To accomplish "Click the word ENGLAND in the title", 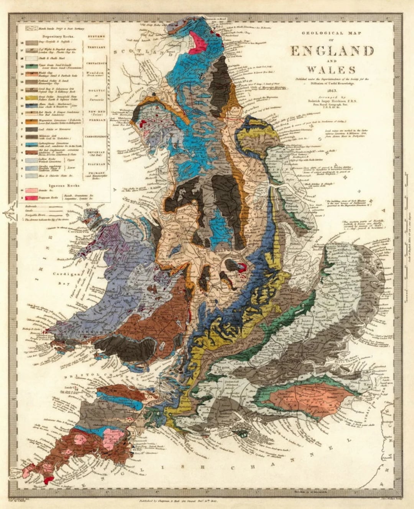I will pyautogui.click(x=332, y=51).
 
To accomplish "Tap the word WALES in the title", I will pyautogui.click(x=330, y=70).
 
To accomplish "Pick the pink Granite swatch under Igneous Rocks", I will pyautogui.click(x=31, y=190).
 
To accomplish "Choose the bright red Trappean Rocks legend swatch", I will pyautogui.click(x=31, y=197).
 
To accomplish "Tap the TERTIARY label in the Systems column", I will pyautogui.click(x=97, y=47).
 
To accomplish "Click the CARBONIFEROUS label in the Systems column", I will pyautogui.click(x=96, y=135).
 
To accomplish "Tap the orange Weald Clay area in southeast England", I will pyautogui.click(x=307, y=395).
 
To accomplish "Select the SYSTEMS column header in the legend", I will pyautogui.click(x=97, y=37).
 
